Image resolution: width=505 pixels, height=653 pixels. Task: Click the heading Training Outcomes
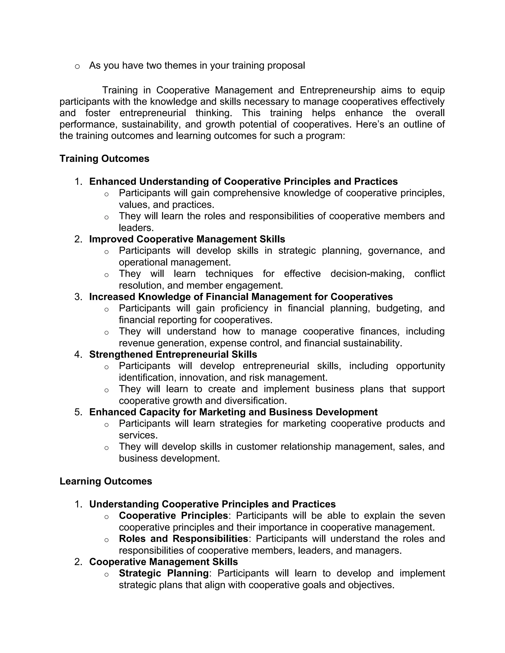pyautogui.click(x=104, y=158)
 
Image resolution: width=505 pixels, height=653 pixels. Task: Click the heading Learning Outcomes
pyautogui.click(x=106, y=481)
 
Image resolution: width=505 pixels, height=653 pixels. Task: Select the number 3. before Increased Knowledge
pyautogui.click(x=78, y=297)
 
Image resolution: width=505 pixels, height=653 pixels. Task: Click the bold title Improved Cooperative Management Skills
pyautogui.click(x=187, y=239)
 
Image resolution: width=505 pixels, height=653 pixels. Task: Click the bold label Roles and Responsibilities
pyautogui.click(x=183, y=538)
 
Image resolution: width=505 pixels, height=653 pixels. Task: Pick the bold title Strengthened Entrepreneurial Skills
pyautogui.click(x=173, y=354)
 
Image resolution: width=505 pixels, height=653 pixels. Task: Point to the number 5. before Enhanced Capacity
pyautogui.click(x=78, y=412)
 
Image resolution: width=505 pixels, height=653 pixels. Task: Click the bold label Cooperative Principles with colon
pyautogui.click(x=174, y=516)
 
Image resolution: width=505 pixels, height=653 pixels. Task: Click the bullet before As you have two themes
pyautogui.click(x=77, y=66)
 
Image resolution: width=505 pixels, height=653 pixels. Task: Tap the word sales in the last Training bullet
pyautogui.click(x=410, y=447)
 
